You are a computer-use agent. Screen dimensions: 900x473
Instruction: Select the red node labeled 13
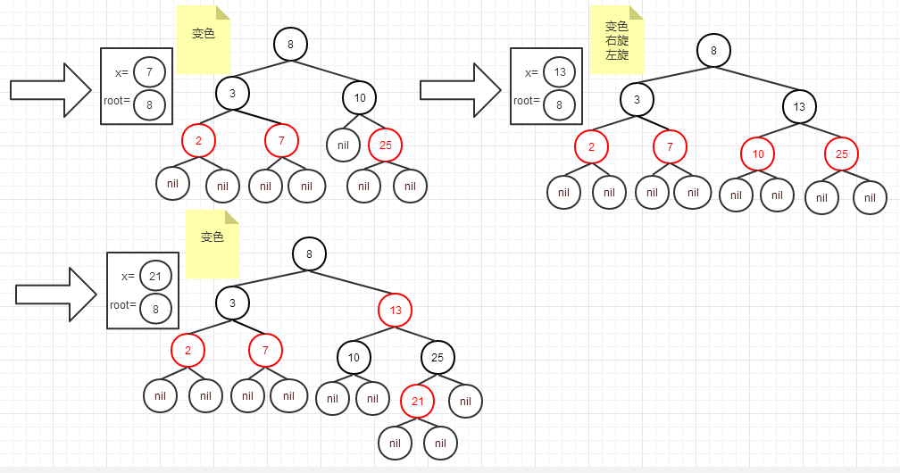396,311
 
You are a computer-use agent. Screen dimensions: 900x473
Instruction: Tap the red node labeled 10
758,154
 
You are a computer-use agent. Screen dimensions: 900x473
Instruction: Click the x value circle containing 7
150,71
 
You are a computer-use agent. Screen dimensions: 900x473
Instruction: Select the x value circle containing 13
559,72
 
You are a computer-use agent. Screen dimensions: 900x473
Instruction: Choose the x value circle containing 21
155,276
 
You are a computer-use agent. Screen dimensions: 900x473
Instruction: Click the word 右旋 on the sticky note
617,41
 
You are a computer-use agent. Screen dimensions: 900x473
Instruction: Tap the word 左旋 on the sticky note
617,54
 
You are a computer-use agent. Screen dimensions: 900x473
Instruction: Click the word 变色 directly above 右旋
617,27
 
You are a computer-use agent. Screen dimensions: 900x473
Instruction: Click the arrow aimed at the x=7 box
51,89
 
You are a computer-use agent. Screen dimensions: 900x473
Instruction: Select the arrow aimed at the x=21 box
55,294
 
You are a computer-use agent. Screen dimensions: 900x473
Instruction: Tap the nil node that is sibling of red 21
465,402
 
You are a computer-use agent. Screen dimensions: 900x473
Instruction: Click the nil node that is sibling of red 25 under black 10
343,144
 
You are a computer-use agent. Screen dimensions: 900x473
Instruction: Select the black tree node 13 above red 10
799,107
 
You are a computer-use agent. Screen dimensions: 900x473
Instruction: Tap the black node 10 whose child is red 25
359,97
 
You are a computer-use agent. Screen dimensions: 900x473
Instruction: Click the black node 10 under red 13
354,358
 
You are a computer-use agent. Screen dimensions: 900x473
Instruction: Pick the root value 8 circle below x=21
155,309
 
